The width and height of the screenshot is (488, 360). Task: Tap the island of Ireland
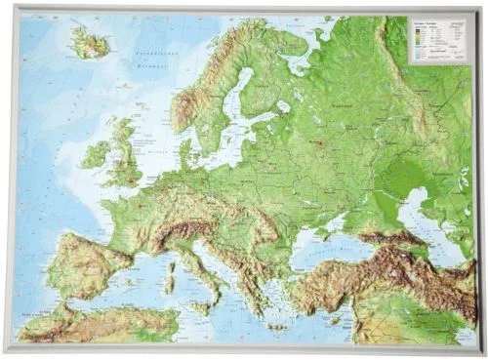click(x=97, y=153)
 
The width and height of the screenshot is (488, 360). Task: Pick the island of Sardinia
click(x=168, y=271)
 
